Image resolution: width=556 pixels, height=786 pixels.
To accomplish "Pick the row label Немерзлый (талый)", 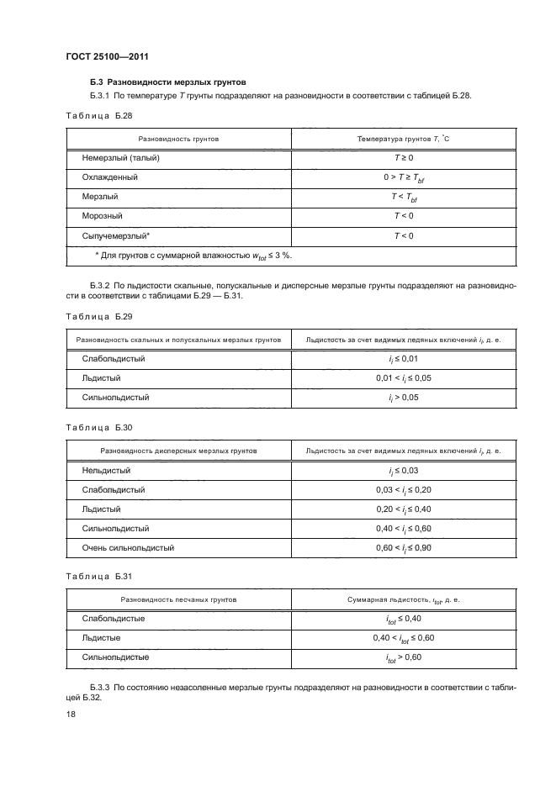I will (121, 157).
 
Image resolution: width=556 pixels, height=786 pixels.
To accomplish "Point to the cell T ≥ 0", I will (404, 157).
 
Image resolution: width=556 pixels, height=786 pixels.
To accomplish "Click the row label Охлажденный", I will (110, 177).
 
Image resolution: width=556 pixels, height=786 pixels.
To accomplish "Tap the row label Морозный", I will (103, 216).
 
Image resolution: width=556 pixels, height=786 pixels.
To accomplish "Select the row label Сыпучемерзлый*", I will (116, 235).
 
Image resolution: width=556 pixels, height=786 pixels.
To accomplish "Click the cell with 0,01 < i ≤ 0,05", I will (404, 378).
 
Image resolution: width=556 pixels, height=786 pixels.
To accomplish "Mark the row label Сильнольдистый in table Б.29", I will (116, 397).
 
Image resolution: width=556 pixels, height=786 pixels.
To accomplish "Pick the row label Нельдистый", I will (107, 471).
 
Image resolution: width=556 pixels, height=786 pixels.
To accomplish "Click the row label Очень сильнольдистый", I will (129, 548).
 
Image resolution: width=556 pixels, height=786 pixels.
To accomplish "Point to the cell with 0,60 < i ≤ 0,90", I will (404, 548).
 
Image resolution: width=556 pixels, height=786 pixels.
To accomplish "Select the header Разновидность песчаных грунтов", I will (178, 601).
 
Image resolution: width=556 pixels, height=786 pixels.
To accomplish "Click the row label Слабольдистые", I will (114, 620).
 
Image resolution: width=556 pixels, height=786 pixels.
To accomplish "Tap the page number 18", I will (71, 714).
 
